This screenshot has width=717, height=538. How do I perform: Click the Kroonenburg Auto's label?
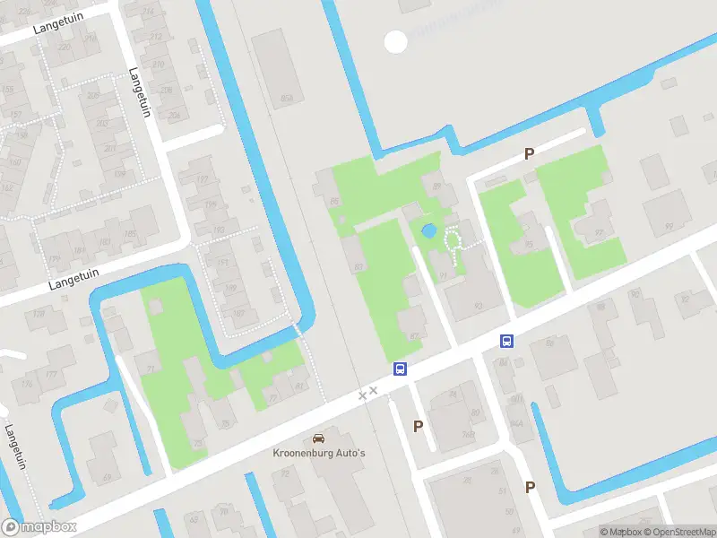(318, 453)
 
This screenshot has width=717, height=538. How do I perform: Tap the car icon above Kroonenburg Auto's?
(318, 438)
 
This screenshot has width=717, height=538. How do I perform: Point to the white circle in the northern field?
(395, 41)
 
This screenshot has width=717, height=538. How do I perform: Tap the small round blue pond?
(429, 230)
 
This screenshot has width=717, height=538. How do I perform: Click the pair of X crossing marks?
(367, 393)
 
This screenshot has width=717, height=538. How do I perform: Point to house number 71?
(151, 368)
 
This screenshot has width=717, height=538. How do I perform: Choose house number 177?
(51, 375)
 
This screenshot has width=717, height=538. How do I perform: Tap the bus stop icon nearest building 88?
(506, 341)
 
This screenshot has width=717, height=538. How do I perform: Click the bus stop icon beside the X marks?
(400, 369)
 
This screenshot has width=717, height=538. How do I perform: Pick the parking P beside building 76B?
(418, 427)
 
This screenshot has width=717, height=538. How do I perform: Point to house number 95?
(530, 243)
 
